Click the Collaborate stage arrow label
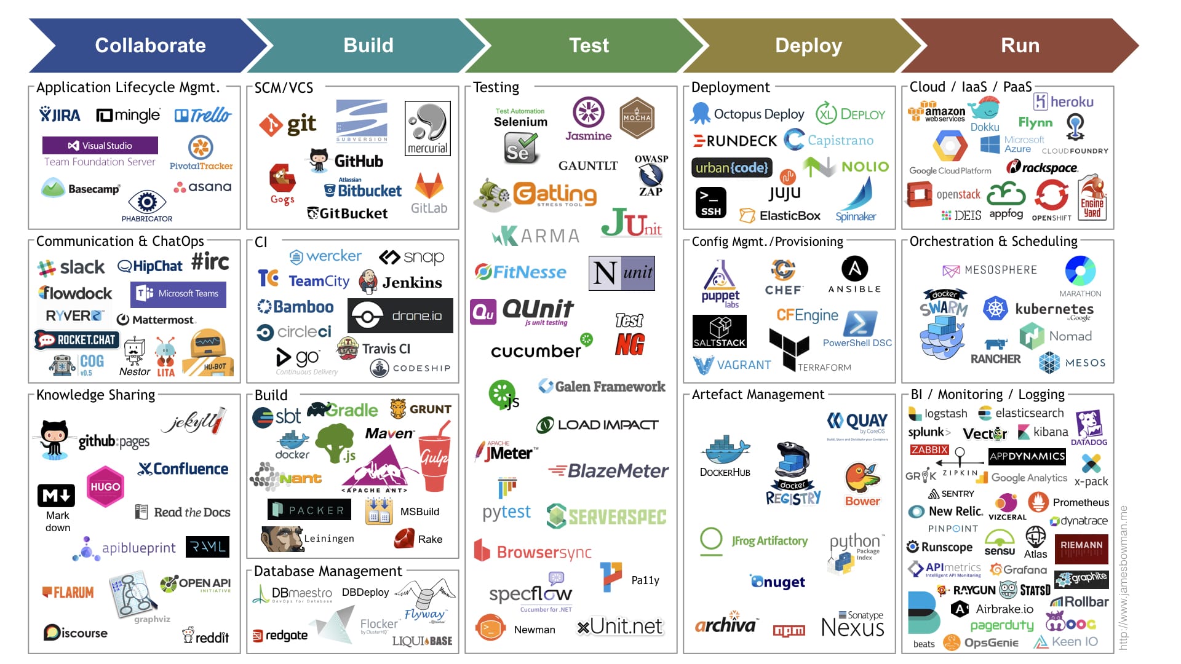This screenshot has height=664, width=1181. [150, 45]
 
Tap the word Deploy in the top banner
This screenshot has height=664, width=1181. [808, 45]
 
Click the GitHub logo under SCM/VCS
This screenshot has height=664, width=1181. [346, 161]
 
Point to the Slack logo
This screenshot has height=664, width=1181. [71, 267]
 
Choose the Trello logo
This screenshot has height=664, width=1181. [203, 115]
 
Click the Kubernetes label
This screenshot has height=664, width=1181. [1054, 309]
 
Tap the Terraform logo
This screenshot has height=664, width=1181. [790, 349]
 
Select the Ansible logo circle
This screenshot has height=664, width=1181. [854, 269]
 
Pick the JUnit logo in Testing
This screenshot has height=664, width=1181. [631, 224]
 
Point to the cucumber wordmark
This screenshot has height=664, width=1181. [536, 351]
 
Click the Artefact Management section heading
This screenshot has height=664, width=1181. [758, 395]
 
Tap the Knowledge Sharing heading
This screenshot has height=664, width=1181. [95, 395]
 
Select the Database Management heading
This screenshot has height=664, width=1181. [328, 571]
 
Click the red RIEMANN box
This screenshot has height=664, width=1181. [1081, 548]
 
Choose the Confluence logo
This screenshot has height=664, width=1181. [183, 469]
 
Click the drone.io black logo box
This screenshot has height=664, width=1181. [400, 316]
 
